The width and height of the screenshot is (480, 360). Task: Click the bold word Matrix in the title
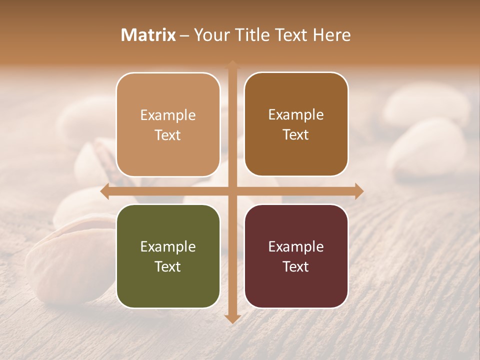pyautogui.click(x=148, y=35)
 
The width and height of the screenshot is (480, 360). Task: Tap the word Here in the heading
pyautogui.click(x=331, y=35)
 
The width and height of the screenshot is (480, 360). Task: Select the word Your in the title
pyautogui.click(x=210, y=35)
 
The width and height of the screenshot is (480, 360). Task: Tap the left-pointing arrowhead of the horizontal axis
pyautogui.click(x=105, y=191)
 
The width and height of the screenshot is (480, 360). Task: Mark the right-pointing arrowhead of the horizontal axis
pyautogui.click(x=358, y=191)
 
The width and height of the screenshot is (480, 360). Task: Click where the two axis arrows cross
pyautogui.click(x=232, y=191)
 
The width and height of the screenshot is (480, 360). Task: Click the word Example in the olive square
pyautogui.click(x=168, y=246)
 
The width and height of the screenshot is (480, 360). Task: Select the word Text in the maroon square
pyautogui.click(x=296, y=266)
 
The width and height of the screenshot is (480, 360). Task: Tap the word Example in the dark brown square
pyautogui.click(x=296, y=115)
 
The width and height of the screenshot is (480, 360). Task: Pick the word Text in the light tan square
pyautogui.click(x=168, y=135)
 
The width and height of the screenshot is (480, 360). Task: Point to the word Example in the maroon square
pyautogui.click(x=296, y=246)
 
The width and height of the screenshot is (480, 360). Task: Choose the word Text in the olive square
pyautogui.click(x=168, y=266)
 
